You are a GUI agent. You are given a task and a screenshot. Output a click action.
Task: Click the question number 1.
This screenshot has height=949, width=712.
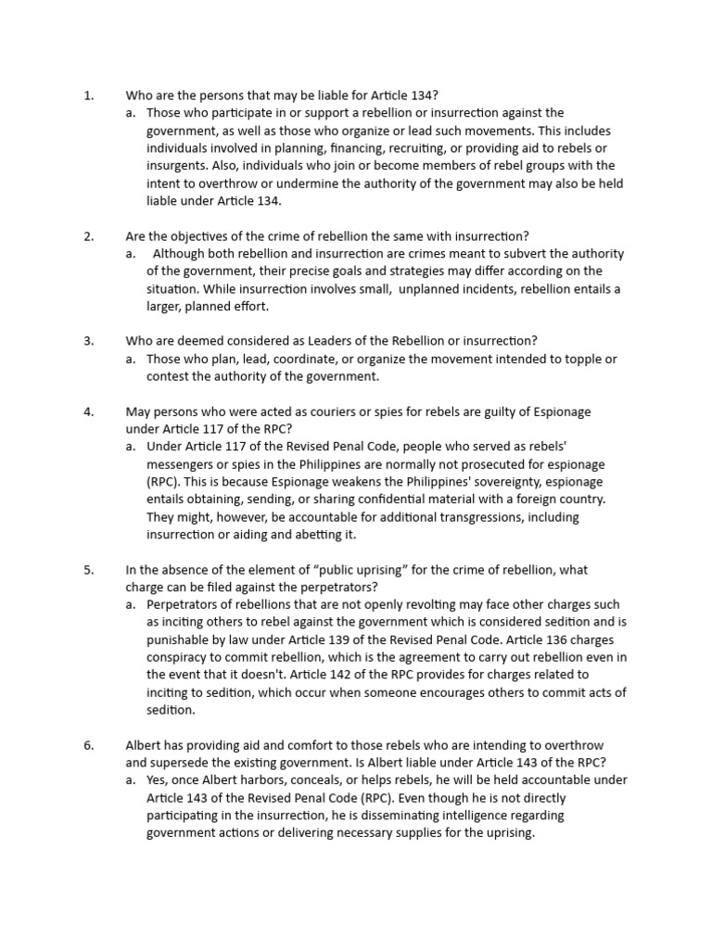(88, 95)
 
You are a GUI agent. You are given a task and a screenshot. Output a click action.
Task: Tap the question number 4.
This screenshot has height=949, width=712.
(89, 411)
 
